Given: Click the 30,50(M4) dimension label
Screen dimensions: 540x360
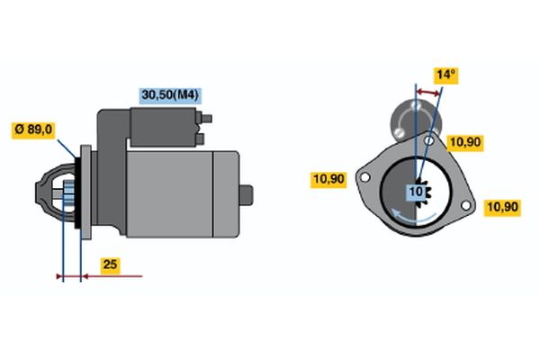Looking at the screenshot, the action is click(x=170, y=95).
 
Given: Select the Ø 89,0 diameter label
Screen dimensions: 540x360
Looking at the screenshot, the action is click(x=33, y=130).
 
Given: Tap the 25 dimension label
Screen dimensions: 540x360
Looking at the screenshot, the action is click(x=110, y=265).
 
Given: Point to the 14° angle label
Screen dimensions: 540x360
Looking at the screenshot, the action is click(x=446, y=75).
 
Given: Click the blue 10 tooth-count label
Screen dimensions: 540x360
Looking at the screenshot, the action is click(x=416, y=191).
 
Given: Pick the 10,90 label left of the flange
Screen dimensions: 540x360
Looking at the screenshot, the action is click(x=328, y=179).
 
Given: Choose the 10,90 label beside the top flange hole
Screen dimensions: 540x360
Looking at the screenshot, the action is click(x=465, y=142).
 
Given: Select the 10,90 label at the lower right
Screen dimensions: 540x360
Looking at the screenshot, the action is click(x=502, y=207).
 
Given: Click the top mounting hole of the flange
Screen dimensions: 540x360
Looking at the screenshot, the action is click(x=428, y=140).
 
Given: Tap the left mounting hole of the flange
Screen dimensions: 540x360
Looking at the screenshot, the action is click(x=364, y=177).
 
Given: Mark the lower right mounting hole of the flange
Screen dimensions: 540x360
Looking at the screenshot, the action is click(x=465, y=205).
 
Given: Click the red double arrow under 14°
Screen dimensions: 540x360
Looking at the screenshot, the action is click(x=428, y=93).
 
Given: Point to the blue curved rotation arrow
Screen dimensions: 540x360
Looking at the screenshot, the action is click(x=413, y=216).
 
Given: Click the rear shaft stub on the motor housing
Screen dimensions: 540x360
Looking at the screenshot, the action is click(x=247, y=195).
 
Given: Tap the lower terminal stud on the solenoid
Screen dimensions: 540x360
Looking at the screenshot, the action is click(x=201, y=139).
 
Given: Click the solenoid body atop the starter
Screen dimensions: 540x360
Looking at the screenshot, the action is click(x=163, y=127).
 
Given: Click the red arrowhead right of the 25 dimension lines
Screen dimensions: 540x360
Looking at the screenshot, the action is click(x=85, y=276).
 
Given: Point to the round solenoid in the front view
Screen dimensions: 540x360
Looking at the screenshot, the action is click(x=416, y=121).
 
